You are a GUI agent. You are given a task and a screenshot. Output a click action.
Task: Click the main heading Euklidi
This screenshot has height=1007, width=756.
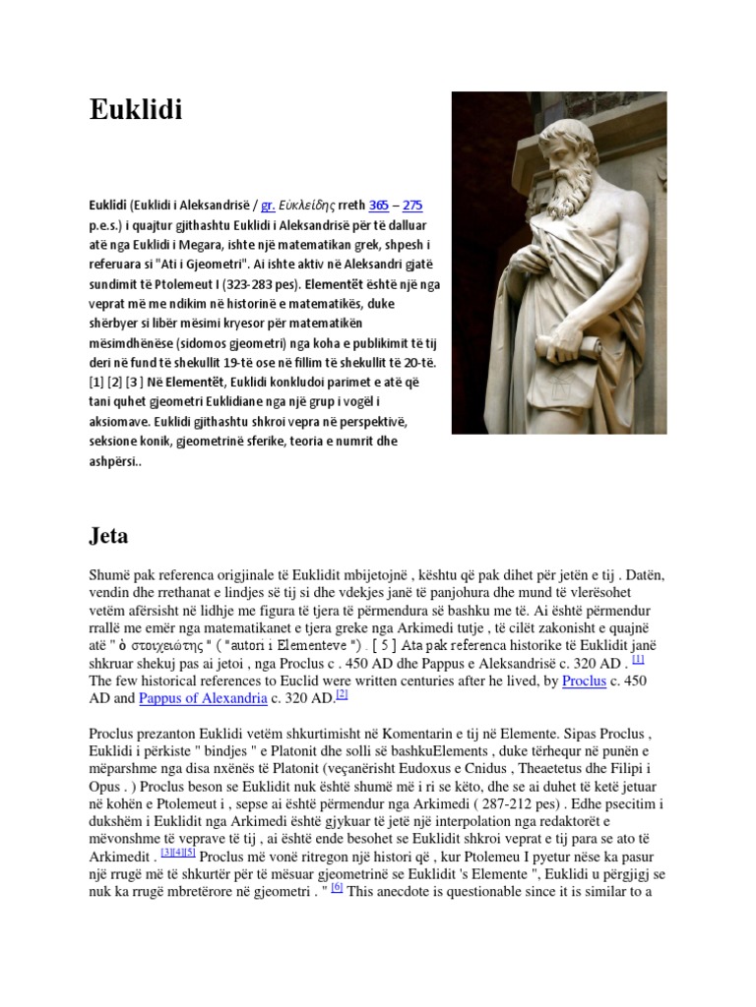pos(136,111)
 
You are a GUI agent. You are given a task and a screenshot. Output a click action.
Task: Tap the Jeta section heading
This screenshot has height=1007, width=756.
pos(114,536)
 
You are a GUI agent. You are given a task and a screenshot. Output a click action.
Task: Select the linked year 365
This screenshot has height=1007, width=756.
pos(379,206)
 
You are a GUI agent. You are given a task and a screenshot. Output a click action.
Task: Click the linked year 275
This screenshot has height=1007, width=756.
pos(412,206)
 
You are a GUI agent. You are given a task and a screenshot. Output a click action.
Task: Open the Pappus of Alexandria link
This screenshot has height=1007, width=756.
pos(204,698)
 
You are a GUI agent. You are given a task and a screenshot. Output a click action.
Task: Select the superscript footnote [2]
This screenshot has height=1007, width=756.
pos(342,694)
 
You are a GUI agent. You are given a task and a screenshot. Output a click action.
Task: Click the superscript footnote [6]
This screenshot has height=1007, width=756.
pos(336,888)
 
